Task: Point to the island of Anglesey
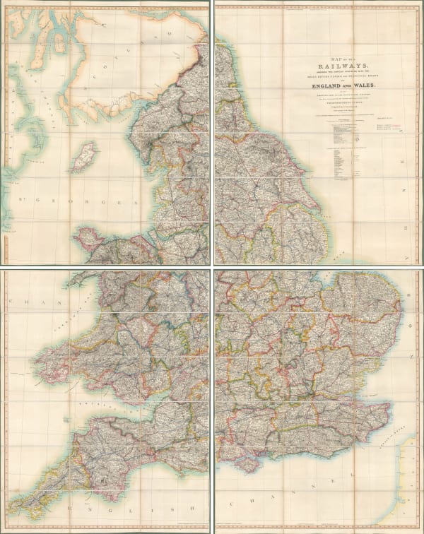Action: (90, 236)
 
